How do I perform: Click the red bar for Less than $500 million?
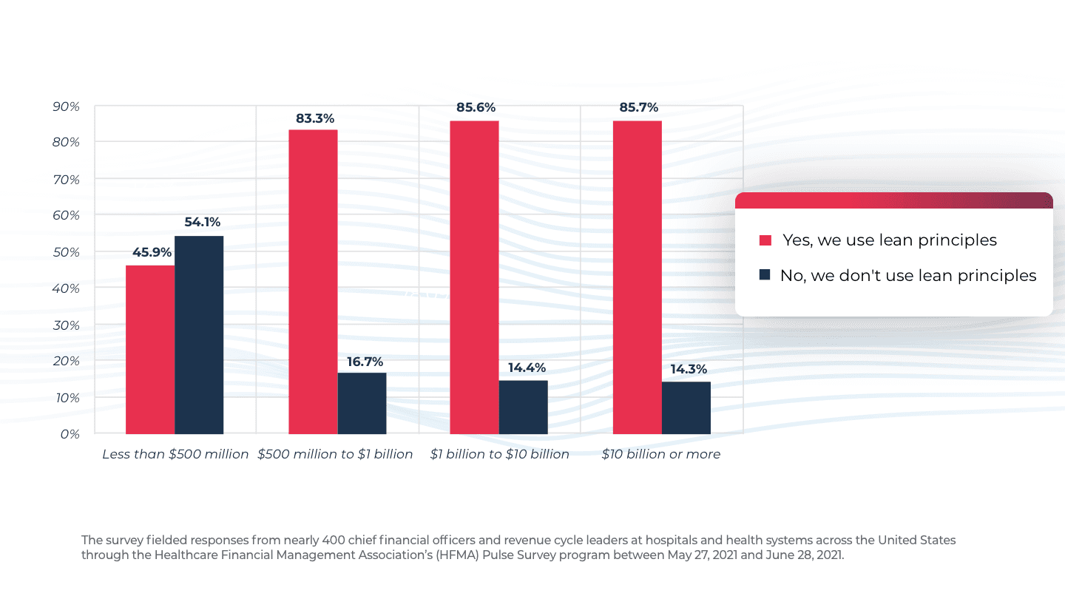tap(150, 349)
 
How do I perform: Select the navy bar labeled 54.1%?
tap(199, 334)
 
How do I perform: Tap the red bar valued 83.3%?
tap(313, 281)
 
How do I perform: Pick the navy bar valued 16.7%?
tap(362, 403)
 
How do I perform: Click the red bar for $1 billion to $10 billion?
tap(474, 277)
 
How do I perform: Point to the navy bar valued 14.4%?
tap(523, 407)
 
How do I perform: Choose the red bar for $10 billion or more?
tap(638, 277)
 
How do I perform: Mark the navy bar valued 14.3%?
tap(686, 407)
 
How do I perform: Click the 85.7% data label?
tap(639, 108)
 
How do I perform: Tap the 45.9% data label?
tap(152, 252)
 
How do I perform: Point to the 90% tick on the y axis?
tap(66, 106)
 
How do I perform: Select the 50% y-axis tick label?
tap(66, 252)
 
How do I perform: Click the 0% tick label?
tap(70, 434)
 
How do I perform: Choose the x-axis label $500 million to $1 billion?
tap(335, 454)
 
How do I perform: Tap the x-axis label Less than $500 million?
tap(175, 454)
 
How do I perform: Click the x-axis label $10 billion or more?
tap(660, 454)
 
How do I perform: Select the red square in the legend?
tap(765, 240)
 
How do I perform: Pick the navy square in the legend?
tap(765, 275)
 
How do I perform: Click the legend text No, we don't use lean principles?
tap(908, 276)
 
